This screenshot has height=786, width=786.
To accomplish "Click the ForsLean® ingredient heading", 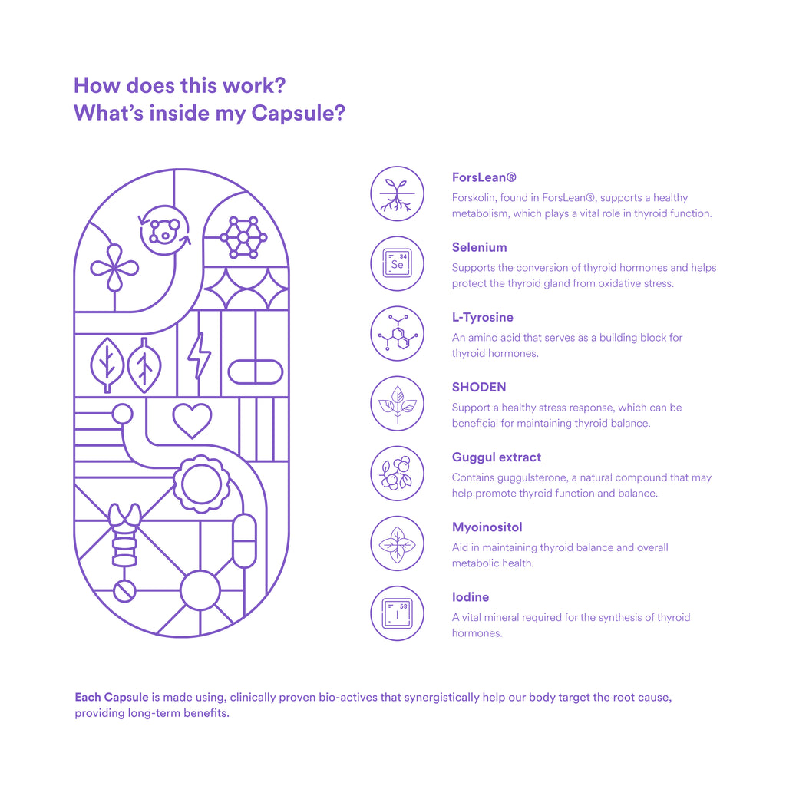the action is pyautogui.click(x=484, y=177).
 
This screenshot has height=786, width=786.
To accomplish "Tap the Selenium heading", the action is pyautogui.click(x=479, y=247).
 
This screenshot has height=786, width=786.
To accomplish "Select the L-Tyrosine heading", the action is pyautogui.click(x=482, y=317).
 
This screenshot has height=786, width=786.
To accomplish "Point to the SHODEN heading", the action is pyautogui.click(x=479, y=387).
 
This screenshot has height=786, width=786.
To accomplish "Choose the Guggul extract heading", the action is pyautogui.click(x=497, y=457).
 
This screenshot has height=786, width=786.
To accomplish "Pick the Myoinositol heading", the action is pyautogui.click(x=487, y=527).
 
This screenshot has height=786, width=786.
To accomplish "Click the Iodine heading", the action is pyautogui.click(x=471, y=597).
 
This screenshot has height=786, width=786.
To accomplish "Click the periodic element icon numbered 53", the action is pyautogui.click(x=397, y=613).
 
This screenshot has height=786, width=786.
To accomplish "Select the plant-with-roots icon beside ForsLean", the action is pyautogui.click(x=397, y=194).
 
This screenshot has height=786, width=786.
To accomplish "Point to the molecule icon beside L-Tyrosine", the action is pyautogui.click(x=397, y=333).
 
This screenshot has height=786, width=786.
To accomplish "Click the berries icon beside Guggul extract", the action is pyautogui.click(x=397, y=473).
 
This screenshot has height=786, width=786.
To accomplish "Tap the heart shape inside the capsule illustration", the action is pyautogui.click(x=192, y=420).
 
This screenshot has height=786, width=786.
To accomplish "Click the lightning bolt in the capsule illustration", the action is pyautogui.click(x=199, y=355).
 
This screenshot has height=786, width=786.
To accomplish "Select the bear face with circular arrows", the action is pyautogui.click(x=164, y=230).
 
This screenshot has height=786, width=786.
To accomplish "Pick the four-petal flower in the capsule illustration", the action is pyautogui.click(x=114, y=268).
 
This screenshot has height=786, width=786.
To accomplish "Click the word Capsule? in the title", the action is pyautogui.click(x=299, y=114).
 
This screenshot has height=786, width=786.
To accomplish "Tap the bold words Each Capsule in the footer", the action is pyautogui.click(x=111, y=697).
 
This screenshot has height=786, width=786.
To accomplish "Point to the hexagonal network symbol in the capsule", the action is pyautogui.click(x=243, y=237).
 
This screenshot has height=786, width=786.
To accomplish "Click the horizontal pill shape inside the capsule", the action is pyautogui.click(x=256, y=372).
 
